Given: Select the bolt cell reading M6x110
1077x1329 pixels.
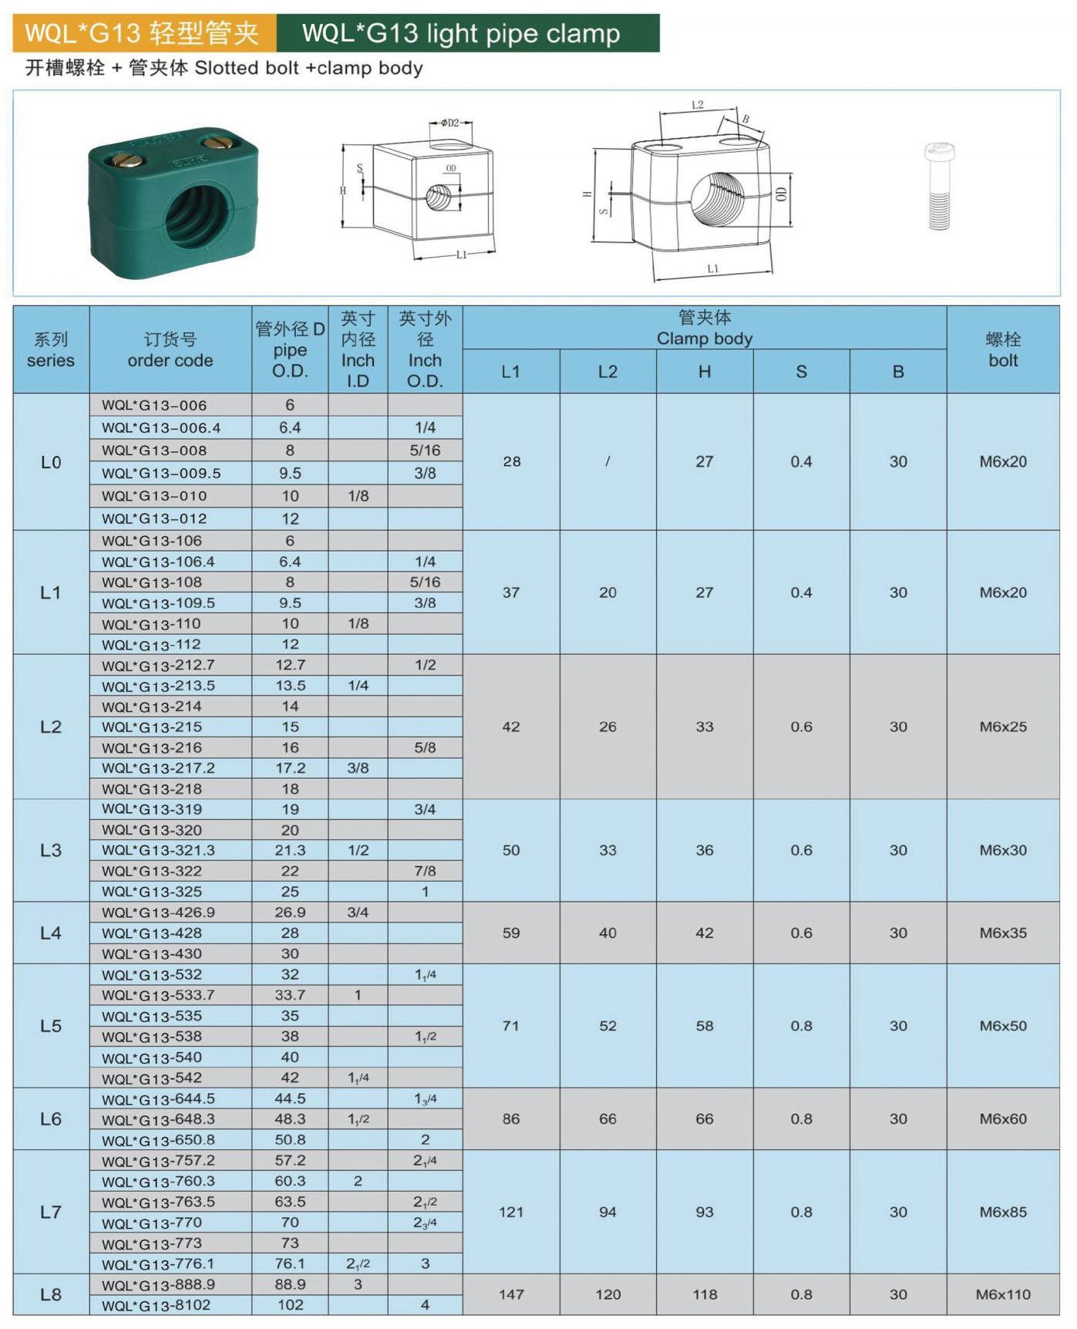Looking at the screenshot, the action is [x=1003, y=1294].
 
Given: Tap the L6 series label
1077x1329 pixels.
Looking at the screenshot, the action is [x=51, y=1118].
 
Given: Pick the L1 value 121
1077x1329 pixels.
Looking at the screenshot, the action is [x=511, y=1212].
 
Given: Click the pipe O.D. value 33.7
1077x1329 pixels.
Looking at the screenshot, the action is [x=290, y=995].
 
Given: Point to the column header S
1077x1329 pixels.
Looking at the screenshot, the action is [x=801, y=372].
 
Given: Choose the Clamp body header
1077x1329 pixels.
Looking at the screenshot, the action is [x=705, y=339].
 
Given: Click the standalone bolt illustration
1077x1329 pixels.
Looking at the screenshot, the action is [x=939, y=186].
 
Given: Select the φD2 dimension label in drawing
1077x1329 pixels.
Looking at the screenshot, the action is [x=449, y=123].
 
